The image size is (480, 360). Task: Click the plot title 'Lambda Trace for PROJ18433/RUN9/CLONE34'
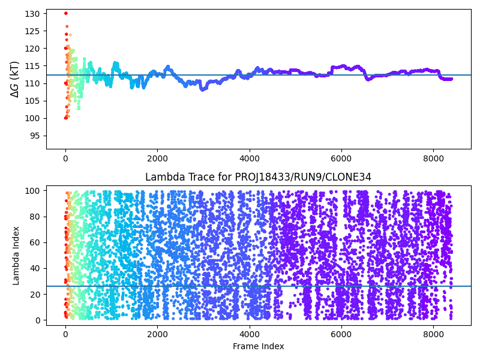tap(258, 177)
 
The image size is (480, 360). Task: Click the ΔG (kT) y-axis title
tap(14, 79)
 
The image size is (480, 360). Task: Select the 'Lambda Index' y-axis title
tap(17, 256)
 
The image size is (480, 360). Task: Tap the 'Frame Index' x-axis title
tap(258, 346)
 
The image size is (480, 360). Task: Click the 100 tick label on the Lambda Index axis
tap(33, 190)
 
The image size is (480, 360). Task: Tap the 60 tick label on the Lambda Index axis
tap(35, 242)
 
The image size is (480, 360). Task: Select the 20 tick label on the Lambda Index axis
tap(35, 294)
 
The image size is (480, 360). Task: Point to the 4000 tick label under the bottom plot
tap(249, 333)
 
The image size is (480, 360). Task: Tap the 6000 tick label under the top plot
tap(341, 157)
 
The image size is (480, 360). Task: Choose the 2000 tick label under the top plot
tap(157, 157)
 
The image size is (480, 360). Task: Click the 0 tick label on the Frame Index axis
tap(65, 333)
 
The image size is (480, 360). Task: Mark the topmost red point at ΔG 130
tap(66, 13)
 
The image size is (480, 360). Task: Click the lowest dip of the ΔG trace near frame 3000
tap(202, 89)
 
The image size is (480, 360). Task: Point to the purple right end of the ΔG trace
tap(451, 79)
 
